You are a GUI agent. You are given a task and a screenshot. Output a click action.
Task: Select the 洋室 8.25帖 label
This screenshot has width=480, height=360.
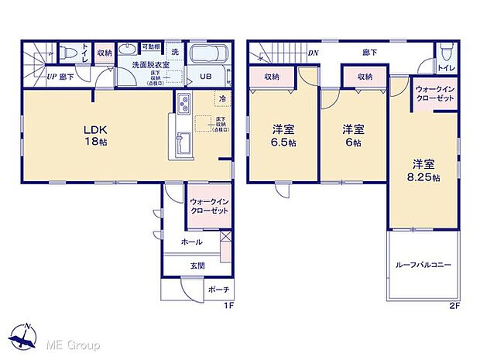coord(425,170)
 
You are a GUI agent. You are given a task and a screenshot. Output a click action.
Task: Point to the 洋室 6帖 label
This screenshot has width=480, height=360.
coord(355,135)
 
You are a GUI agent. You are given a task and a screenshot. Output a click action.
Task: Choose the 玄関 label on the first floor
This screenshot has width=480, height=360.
coord(197,266)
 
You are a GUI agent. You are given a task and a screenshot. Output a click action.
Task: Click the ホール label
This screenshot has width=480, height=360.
coord(191,242)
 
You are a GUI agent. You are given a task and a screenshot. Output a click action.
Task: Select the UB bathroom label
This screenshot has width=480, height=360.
coord(207,76)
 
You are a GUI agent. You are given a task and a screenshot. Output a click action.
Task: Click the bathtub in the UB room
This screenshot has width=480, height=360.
coord(207,55)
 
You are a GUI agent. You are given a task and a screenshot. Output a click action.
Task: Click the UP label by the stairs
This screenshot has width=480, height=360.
coord(51,77)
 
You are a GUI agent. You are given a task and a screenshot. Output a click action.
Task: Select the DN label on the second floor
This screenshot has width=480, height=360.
coord(314,53)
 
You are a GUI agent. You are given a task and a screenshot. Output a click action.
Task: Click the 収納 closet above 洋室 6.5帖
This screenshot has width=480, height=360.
coord(271,77)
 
